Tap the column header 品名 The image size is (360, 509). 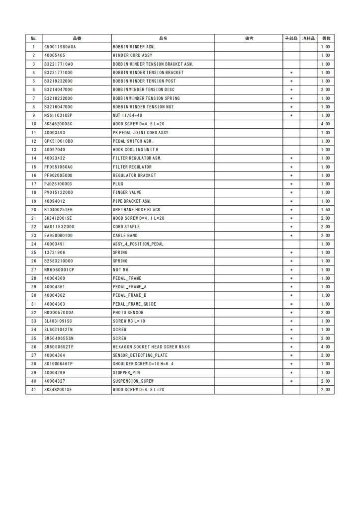[163, 38]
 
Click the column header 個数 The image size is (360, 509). [326, 38]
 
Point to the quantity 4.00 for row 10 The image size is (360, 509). [326, 124]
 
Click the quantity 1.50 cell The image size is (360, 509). [326, 210]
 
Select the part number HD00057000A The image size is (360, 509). [59, 312]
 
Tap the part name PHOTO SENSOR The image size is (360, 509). [128, 312]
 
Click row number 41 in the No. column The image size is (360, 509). [33, 390]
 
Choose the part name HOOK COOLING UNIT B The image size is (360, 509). [135, 150]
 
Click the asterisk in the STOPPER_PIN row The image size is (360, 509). [291, 372]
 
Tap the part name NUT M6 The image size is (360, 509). [121, 269]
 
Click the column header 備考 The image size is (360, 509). [249, 38]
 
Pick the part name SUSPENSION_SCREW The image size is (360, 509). [133, 381]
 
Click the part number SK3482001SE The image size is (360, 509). [58, 390]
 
